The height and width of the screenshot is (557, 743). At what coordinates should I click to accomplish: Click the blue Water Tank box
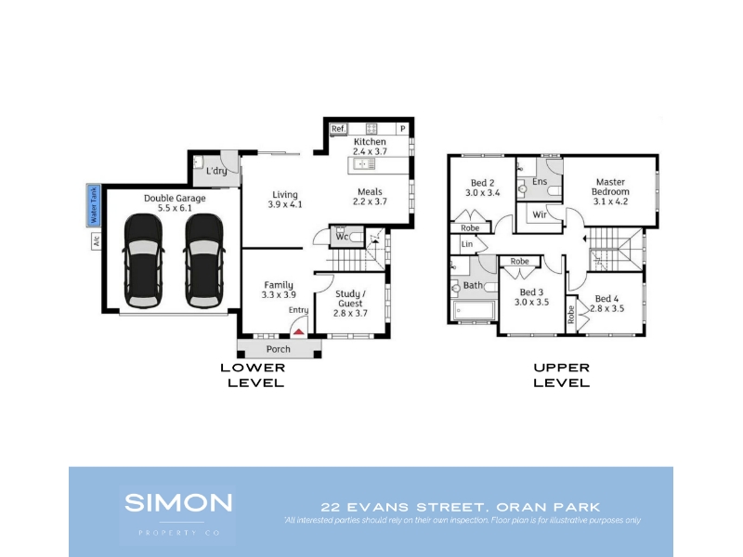(x=94, y=205)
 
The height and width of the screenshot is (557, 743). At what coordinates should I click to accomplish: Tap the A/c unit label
(x=97, y=241)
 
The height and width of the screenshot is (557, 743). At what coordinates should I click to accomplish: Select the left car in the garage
(x=143, y=261)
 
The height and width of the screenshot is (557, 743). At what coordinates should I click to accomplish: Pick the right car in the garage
(x=204, y=261)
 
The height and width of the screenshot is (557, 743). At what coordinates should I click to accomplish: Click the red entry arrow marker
(x=298, y=331)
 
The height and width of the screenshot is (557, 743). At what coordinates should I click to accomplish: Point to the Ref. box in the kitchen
(x=339, y=128)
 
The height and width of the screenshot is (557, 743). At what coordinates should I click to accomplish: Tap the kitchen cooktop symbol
(x=371, y=128)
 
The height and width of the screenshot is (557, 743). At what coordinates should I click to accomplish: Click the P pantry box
(x=402, y=128)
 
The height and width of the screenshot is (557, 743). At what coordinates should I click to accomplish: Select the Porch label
(x=278, y=349)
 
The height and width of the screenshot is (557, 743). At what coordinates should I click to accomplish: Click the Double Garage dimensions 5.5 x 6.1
(x=175, y=208)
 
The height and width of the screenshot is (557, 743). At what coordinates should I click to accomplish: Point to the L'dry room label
(x=216, y=171)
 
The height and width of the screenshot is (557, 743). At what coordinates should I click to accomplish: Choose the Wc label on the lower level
(x=342, y=237)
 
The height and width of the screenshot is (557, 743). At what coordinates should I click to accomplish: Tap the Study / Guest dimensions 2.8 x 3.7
(x=350, y=313)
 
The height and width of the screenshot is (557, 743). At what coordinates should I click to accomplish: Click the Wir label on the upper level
(x=540, y=214)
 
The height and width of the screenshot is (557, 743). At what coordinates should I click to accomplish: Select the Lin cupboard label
(x=467, y=244)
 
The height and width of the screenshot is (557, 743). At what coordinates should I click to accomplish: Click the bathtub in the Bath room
(x=474, y=310)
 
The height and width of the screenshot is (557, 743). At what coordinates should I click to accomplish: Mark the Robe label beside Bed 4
(x=571, y=315)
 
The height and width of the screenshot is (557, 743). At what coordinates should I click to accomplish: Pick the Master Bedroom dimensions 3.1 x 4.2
(x=610, y=201)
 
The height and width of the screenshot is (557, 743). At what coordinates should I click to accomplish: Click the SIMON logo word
(x=178, y=502)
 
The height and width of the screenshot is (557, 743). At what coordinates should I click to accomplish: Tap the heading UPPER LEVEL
(x=562, y=375)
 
